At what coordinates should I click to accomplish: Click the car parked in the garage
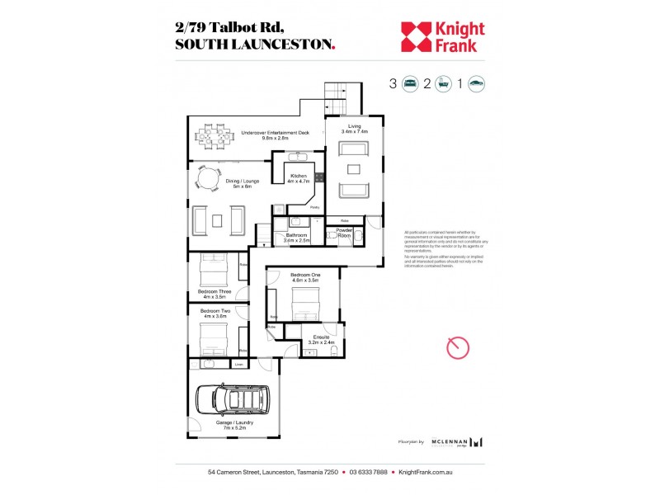233,402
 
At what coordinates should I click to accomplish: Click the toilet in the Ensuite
332,351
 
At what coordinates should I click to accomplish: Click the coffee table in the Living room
354,170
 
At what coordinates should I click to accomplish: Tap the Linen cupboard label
239,364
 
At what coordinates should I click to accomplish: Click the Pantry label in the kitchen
314,207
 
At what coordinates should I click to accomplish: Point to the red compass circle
458,347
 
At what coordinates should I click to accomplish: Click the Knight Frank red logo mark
417,36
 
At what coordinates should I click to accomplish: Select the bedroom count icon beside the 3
410,83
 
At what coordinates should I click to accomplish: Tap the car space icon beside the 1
476,83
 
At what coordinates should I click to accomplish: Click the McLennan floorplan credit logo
456,442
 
